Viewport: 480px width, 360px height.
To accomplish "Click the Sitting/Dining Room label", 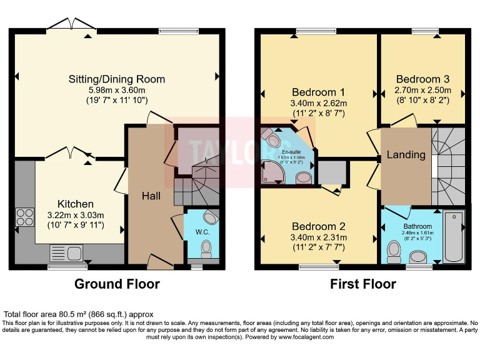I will [x=117, y=79].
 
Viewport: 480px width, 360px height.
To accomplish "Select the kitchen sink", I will [x=66, y=253].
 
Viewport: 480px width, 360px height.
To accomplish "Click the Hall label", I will [x=151, y=196].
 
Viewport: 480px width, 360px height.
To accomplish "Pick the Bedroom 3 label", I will [x=422, y=79].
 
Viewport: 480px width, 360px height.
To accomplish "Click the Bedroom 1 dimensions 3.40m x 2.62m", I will [x=319, y=103].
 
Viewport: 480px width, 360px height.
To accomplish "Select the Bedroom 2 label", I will [x=319, y=226].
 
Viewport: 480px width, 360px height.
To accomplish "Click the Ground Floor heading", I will [x=117, y=284].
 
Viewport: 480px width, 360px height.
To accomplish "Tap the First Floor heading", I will [x=362, y=284].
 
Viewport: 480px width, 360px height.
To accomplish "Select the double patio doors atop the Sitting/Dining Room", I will [x=72, y=25].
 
